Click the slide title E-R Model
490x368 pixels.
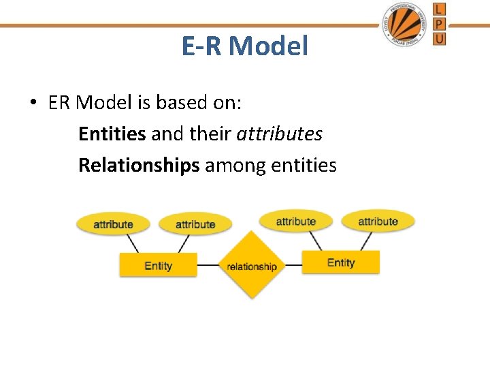245,46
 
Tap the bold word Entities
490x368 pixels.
112,134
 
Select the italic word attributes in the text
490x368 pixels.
279,134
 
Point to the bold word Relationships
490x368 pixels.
139,165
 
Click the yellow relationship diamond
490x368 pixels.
252,266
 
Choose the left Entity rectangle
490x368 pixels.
158,265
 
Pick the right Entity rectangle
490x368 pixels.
340,262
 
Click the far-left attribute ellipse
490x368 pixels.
113,224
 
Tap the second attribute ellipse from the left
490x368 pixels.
195,224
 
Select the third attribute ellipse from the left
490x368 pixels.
295,221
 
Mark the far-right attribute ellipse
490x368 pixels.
378,221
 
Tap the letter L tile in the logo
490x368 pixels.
440,9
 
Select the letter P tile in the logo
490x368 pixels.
440,24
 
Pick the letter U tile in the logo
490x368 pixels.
440,39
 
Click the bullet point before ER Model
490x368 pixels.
33,103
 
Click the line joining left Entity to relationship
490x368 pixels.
208,264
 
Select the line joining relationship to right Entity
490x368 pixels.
293,264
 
